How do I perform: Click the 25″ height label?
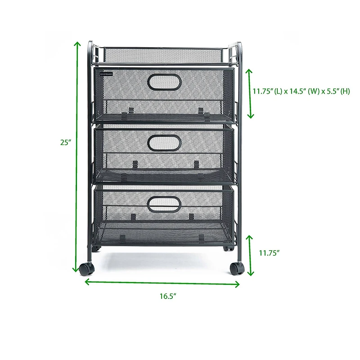(66, 142)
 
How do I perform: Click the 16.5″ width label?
(167, 296)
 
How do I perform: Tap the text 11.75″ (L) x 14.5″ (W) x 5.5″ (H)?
(301, 91)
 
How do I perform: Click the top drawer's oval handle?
(164, 82)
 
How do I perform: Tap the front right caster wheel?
(237, 268)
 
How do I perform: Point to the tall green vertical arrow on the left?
(77, 157)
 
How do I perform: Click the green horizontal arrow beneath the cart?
(162, 283)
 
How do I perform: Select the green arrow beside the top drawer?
(250, 94)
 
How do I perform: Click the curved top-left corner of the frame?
(91, 45)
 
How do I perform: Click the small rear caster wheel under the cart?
(227, 248)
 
